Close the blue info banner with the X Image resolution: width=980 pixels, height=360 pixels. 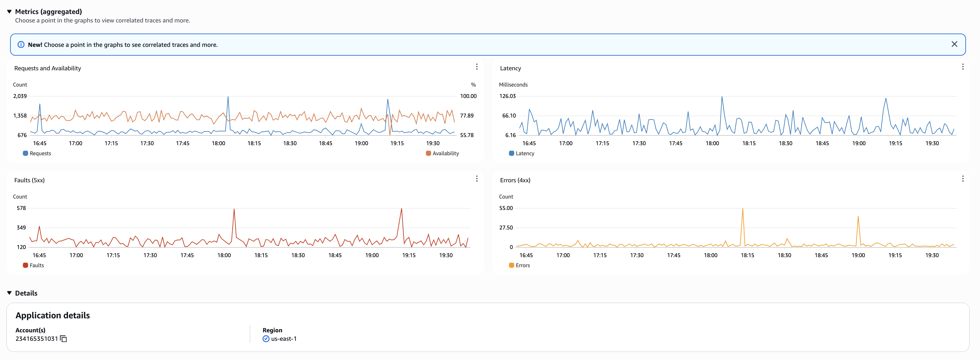click(x=954, y=44)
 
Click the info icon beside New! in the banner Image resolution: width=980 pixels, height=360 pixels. click(x=21, y=45)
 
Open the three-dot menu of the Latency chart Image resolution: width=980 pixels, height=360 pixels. click(x=962, y=67)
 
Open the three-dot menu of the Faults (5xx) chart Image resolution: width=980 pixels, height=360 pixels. click(x=476, y=178)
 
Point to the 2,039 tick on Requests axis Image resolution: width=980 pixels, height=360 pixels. click(x=20, y=96)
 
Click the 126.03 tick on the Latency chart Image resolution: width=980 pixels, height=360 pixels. click(x=507, y=96)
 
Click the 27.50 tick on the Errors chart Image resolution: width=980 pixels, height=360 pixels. click(x=506, y=228)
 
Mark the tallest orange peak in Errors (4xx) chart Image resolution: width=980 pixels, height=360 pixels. click(x=742, y=209)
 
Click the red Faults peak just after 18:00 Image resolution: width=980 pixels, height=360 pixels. click(x=234, y=209)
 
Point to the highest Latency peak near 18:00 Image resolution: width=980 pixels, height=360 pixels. click(x=722, y=97)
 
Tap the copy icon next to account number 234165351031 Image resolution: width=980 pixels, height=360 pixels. click(x=63, y=339)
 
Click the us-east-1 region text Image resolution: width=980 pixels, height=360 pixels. click(x=283, y=339)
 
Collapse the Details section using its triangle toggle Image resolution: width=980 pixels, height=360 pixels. click(x=9, y=293)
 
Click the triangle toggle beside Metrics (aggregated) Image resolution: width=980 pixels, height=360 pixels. click(x=9, y=11)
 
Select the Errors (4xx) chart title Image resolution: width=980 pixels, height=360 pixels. click(x=515, y=180)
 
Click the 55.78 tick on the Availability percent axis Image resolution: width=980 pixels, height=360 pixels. click(x=467, y=135)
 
